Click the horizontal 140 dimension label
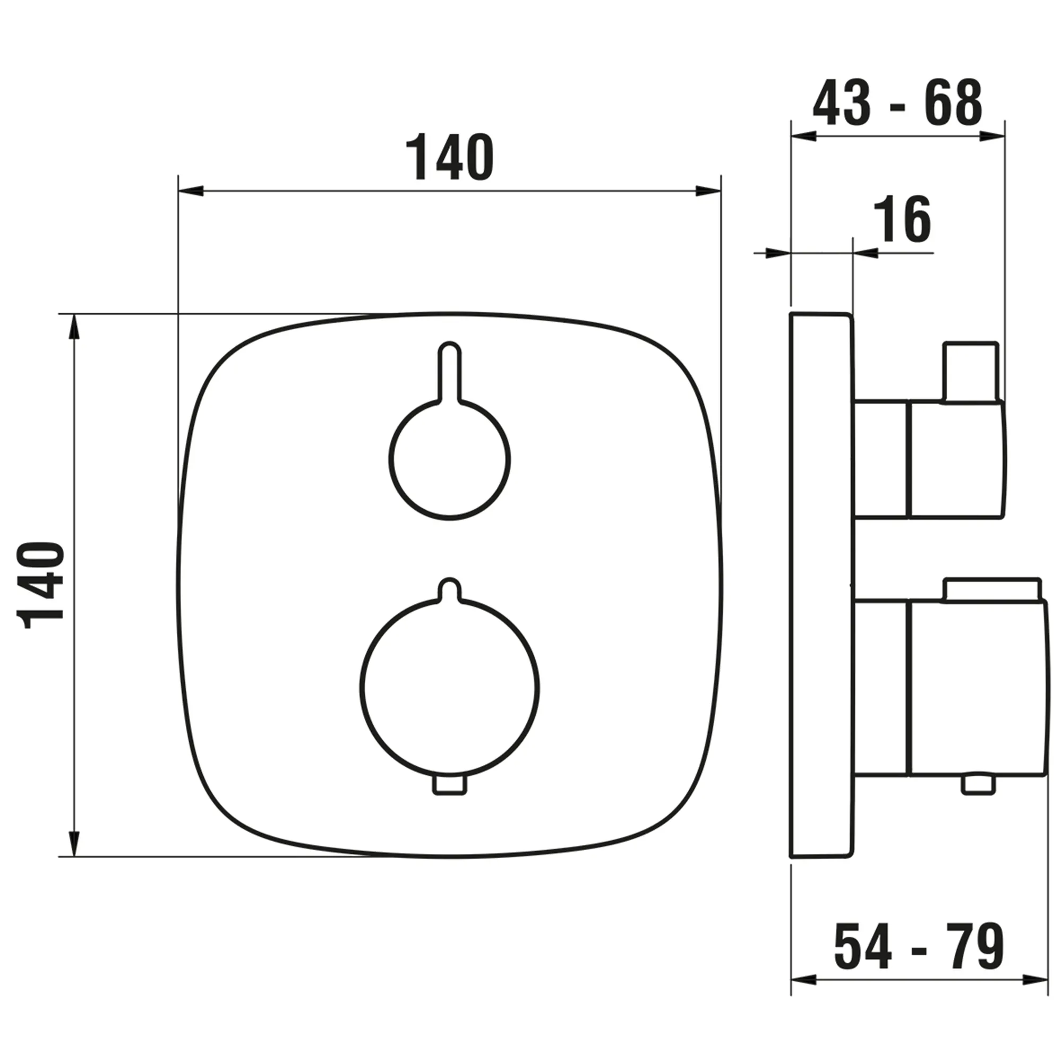coord(450,157)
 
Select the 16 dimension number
coord(903,220)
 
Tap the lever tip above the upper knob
coord(450,352)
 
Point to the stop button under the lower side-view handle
coord(979,785)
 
